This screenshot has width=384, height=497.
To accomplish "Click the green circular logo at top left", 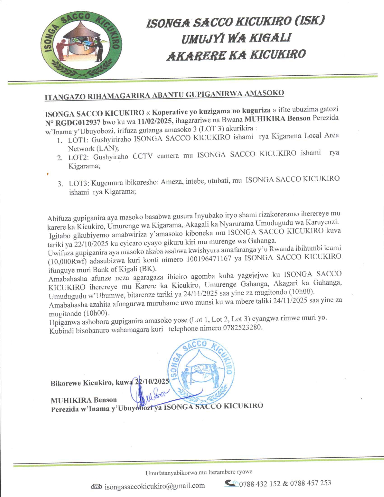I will [x=81, y=45].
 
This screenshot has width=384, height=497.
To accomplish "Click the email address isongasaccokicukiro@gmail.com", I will [x=155, y=486].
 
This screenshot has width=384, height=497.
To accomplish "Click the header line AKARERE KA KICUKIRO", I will [x=236, y=55].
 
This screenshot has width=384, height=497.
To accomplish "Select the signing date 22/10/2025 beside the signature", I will [x=152, y=381].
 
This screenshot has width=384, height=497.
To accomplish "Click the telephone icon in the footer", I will [x=231, y=483].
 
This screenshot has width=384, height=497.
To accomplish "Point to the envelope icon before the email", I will [x=96, y=486].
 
